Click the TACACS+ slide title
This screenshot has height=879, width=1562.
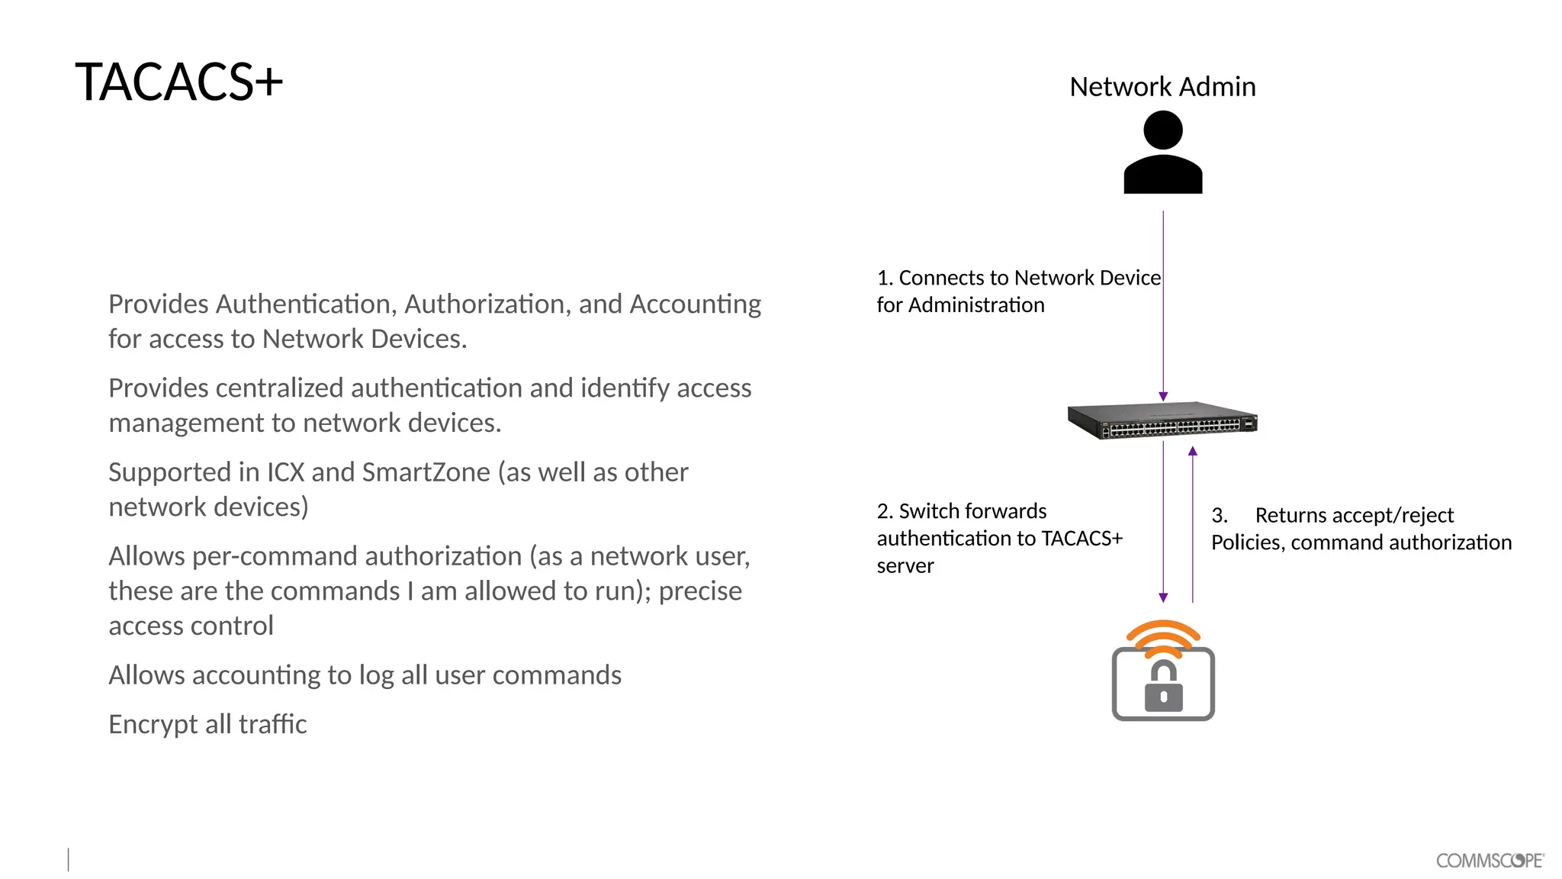tap(178, 82)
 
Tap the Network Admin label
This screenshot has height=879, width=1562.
tap(1162, 87)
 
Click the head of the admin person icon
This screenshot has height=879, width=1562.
tap(1163, 130)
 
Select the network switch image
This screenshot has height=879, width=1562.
tap(1162, 420)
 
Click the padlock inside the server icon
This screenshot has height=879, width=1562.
tap(1163, 687)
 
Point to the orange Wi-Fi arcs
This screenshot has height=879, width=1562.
tap(1163, 636)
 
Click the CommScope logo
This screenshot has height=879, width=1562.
tap(1490, 860)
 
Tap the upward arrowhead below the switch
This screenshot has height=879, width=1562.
tap(1193, 452)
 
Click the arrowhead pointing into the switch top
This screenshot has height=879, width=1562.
tap(1163, 396)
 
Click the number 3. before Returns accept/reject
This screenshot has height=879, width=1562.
tap(1219, 516)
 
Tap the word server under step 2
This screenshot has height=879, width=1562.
tap(905, 566)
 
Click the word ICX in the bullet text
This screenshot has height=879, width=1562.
tap(285, 472)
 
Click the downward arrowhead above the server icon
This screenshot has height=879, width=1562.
tap(1163, 597)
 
